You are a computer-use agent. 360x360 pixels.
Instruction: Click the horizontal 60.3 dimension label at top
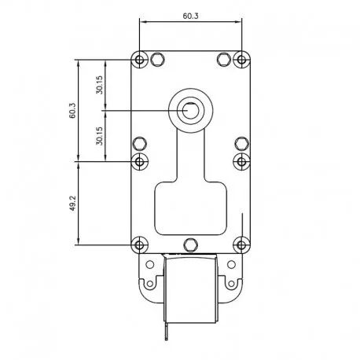tap(190, 16)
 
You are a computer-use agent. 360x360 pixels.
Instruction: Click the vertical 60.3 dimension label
tap(72, 111)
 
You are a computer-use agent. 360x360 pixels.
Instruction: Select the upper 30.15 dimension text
tap(100, 85)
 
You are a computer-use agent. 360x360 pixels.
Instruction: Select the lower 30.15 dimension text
tap(100, 136)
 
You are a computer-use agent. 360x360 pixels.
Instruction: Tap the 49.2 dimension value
tap(72, 204)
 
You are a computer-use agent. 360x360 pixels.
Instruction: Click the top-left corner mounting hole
tap(140, 60)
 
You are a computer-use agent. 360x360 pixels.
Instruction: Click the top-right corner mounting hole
tap(241, 60)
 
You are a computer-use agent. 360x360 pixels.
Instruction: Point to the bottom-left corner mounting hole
tap(140, 245)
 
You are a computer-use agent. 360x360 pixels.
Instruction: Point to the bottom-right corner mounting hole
tap(241, 245)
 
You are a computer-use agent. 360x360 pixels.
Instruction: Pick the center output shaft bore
tap(190, 111)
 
